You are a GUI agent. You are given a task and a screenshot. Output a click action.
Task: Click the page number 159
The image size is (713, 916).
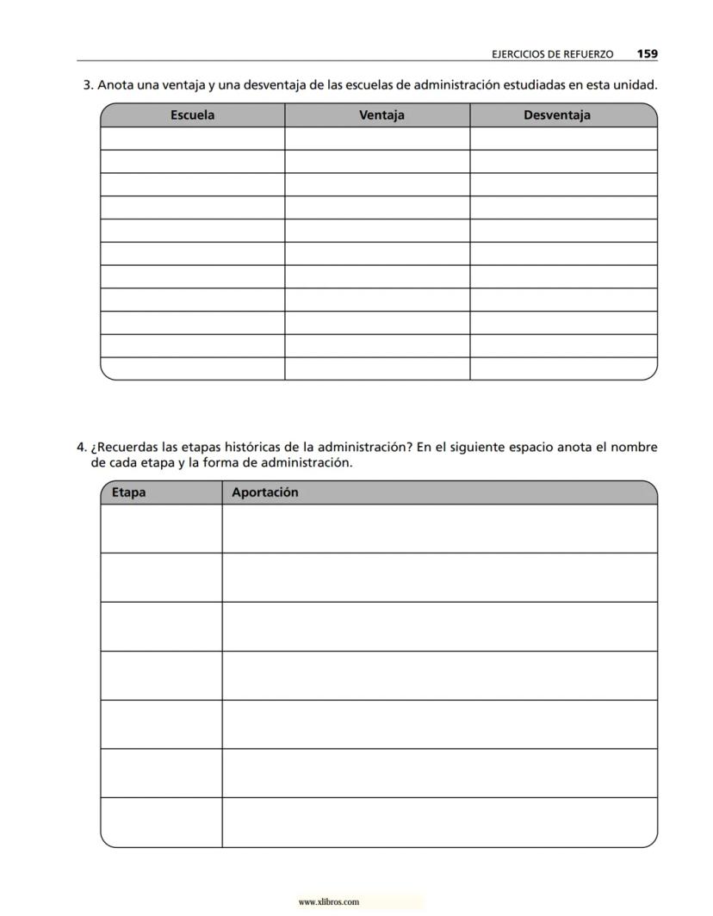(648, 53)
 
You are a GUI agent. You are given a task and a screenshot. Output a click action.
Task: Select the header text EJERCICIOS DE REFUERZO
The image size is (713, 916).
(552, 54)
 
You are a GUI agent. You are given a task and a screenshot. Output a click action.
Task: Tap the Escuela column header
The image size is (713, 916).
(192, 115)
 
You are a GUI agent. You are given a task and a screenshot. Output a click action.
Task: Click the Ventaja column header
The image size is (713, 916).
(381, 115)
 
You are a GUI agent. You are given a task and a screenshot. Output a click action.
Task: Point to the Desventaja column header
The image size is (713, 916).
(557, 115)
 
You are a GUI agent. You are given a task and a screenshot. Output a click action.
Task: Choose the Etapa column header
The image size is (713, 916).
(128, 492)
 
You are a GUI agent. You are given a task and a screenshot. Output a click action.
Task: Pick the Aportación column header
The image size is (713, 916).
(264, 492)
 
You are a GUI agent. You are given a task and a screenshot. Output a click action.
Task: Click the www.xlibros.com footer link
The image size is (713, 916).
(328, 902)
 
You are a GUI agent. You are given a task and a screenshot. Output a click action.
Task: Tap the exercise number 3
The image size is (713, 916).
(87, 85)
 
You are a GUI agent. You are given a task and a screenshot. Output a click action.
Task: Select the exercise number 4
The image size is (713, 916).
(81, 448)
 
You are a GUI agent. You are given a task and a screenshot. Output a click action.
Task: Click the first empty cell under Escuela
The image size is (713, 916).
(192, 139)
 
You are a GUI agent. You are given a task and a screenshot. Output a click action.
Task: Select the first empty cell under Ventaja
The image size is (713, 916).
(377, 139)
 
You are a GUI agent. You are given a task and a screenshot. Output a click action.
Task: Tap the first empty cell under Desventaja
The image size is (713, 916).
(563, 139)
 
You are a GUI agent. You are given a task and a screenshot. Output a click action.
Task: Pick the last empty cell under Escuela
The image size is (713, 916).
(192, 368)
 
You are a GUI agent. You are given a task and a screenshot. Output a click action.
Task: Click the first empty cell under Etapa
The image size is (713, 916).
(161, 529)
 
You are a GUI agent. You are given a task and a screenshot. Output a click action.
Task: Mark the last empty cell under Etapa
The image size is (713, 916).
(161, 823)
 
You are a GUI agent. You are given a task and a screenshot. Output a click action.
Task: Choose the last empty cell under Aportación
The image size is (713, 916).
(439, 823)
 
